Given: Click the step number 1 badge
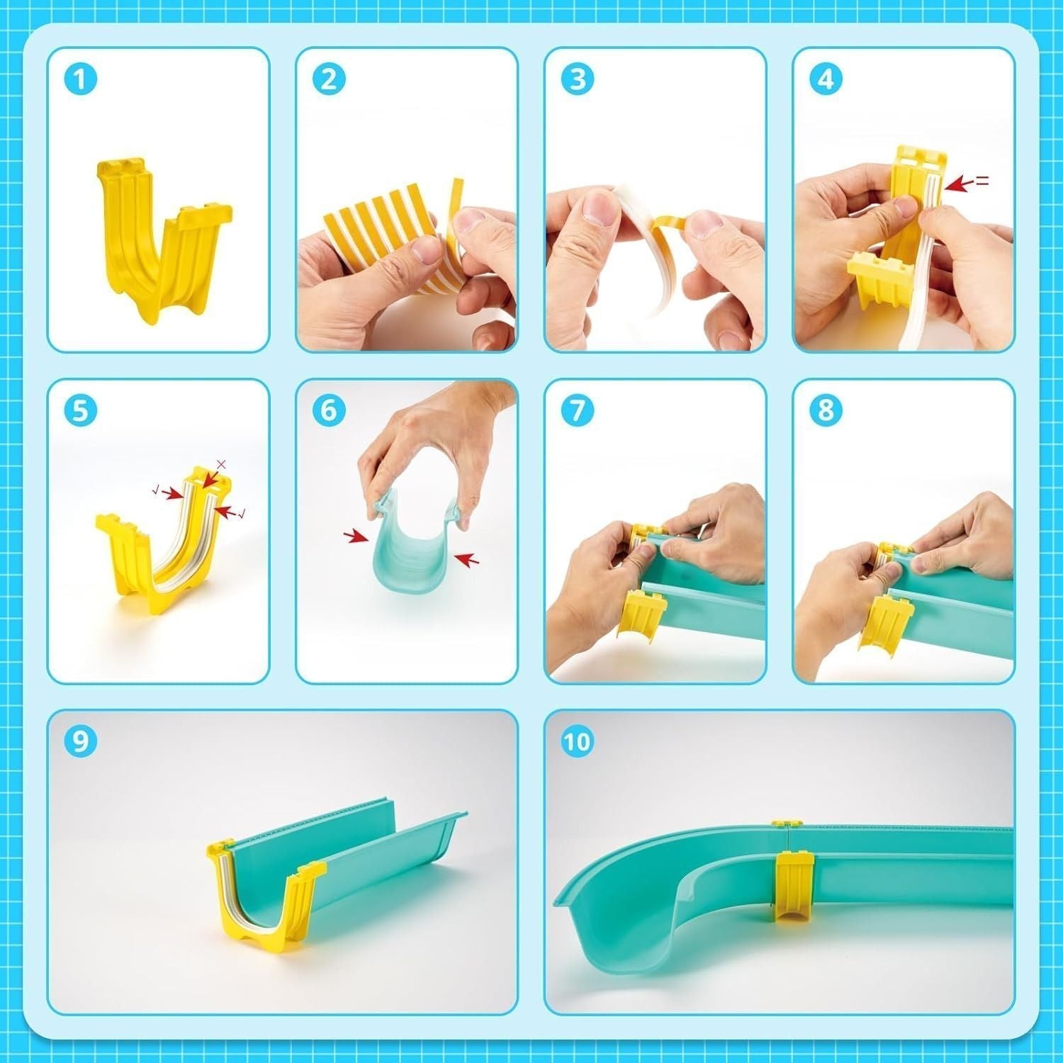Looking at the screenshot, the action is pos(80,79).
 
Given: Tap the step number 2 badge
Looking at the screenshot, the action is pos(329,79).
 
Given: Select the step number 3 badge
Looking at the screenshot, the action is pos(578,79).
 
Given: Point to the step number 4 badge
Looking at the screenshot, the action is pos(826,79).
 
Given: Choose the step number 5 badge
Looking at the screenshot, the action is pos(80,411).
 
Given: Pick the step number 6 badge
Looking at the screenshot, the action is pos(329,411).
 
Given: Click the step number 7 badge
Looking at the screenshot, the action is pos(578,411).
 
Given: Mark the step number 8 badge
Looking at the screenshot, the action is pos(826,411).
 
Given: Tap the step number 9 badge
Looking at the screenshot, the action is pos(80,742).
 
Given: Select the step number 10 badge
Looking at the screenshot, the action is pos(578,742).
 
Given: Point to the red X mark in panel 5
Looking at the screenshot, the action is pos(220,464).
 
